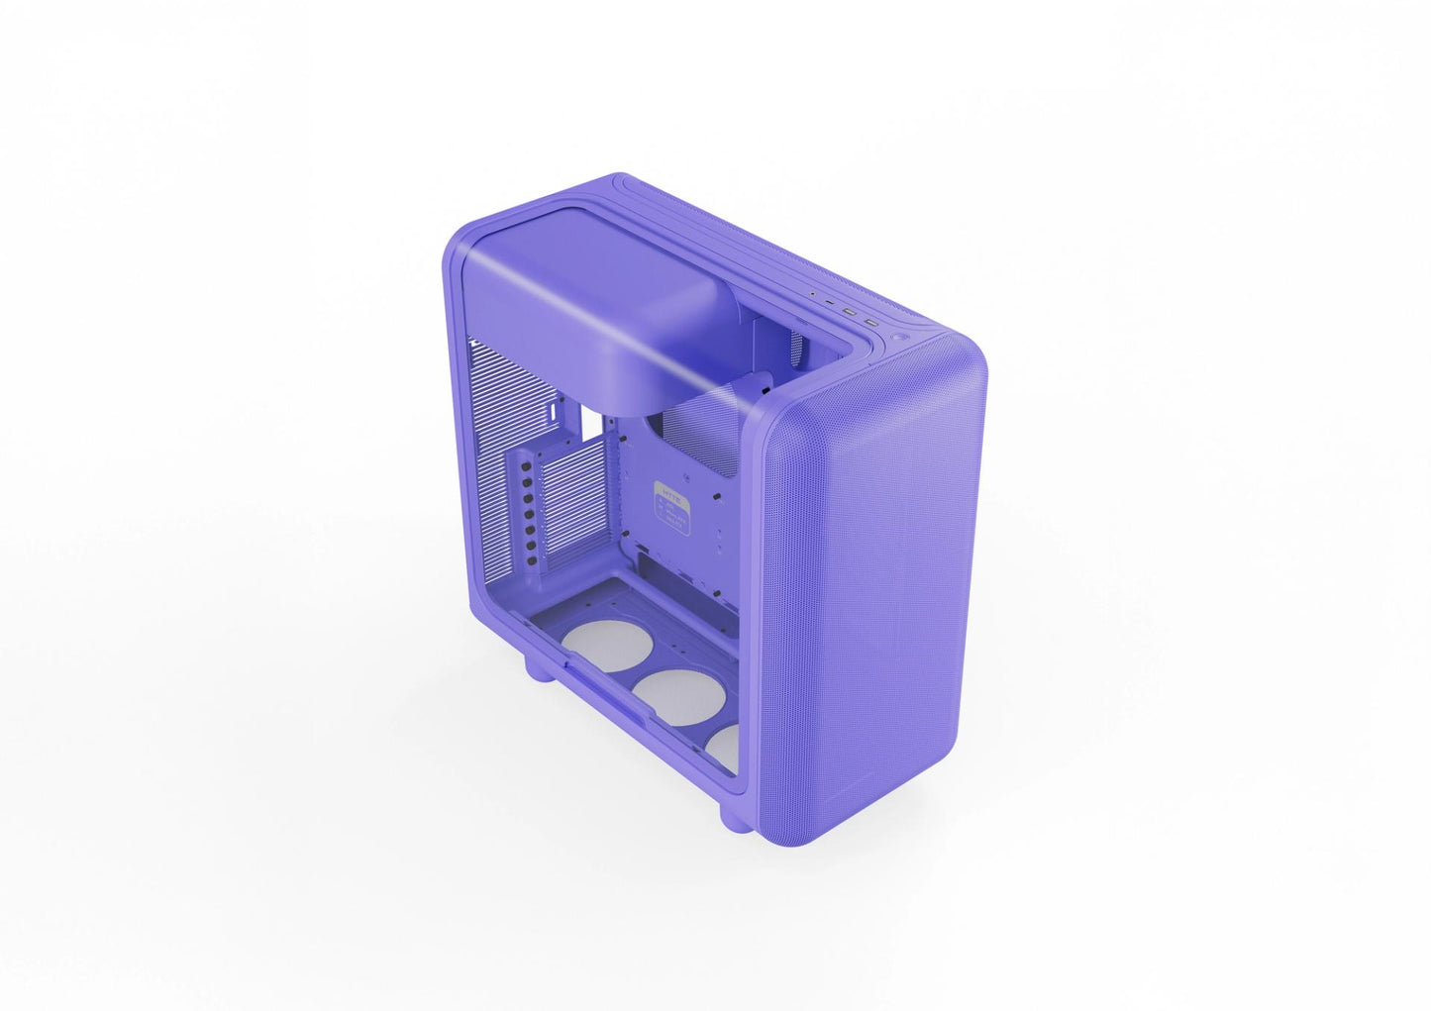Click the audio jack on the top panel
pyautogui.click(x=813, y=294)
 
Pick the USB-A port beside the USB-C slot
pyautogui.click(x=849, y=312)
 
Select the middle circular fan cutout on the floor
pyautogui.click(x=679, y=695)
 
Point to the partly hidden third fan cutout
pyautogui.click(x=725, y=748)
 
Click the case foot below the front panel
pyautogui.click(x=734, y=818)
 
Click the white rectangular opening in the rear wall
pyautogui.click(x=590, y=423)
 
